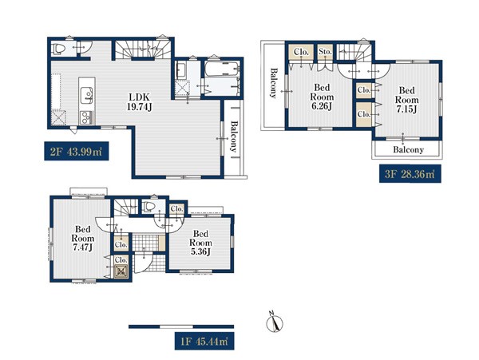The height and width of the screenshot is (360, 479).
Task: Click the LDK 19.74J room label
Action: [x=140, y=102]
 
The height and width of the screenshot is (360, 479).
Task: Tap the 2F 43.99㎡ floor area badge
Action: [x=77, y=151]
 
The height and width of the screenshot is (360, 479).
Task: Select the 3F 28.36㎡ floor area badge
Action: [x=410, y=174]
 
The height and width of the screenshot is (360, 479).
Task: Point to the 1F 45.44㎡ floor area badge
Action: [x=204, y=341]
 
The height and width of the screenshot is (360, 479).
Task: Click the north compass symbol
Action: [x=275, y=322]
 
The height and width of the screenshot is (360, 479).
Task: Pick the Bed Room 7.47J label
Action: [x=82, y=238]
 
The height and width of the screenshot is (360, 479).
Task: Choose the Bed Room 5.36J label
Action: [x=200, y=243]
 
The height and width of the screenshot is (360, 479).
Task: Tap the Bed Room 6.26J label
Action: [x=322, y=97]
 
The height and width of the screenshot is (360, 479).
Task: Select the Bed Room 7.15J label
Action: [x=407, y=100]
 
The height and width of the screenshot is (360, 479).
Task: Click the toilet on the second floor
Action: [x=59, y=49]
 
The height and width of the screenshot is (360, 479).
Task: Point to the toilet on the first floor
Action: [x=149, y=206]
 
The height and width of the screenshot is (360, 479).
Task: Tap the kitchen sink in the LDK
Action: [x=86, y=95]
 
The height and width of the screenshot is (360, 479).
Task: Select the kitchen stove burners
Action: [x=86, y=117]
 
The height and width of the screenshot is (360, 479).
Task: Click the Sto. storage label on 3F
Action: [x=325, y=52]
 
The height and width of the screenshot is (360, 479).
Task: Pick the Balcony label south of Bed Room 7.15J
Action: [x=408, y=149]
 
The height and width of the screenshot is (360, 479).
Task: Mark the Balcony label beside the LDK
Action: [x=234, y=136]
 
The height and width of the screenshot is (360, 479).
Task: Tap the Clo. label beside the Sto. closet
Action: [x=301, y=52]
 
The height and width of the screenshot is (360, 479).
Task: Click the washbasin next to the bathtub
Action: [x=181, y=70]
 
